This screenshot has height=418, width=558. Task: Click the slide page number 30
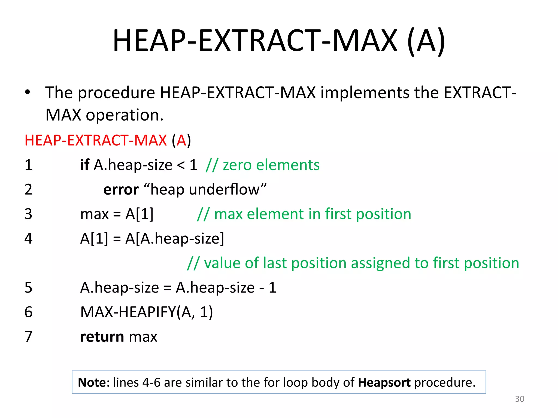click(x=519, y=399)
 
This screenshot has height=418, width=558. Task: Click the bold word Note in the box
click(x=92, y=382)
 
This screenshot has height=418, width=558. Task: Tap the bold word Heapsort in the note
click(x=384, y=382)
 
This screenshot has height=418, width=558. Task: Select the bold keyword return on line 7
click(x=102, y=337)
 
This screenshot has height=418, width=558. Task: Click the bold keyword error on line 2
click(x=121, y=189)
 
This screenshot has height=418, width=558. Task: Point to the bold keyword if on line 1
click(x=85, y=165)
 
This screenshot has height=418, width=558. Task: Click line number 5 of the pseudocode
click(x=28, y=288)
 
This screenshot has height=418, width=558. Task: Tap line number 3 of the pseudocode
click(x=28, y=214)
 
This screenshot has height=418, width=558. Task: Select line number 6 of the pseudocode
click(x=28, y=312)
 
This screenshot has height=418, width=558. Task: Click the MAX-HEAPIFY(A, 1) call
click(x=147, y=312)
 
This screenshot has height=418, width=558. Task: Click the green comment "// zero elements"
click(x=263, y=165)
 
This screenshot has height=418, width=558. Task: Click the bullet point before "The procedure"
click(x=27, y=92)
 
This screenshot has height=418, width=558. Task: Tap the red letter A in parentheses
click(x=181, y=140)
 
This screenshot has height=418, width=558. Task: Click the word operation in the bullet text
click(x=125, y=115)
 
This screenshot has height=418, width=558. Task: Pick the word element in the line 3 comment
click(x=275, y=214)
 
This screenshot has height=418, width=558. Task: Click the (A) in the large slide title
click(x=426, y=41)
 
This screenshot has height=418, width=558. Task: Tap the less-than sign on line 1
click(x=181, y=165)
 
